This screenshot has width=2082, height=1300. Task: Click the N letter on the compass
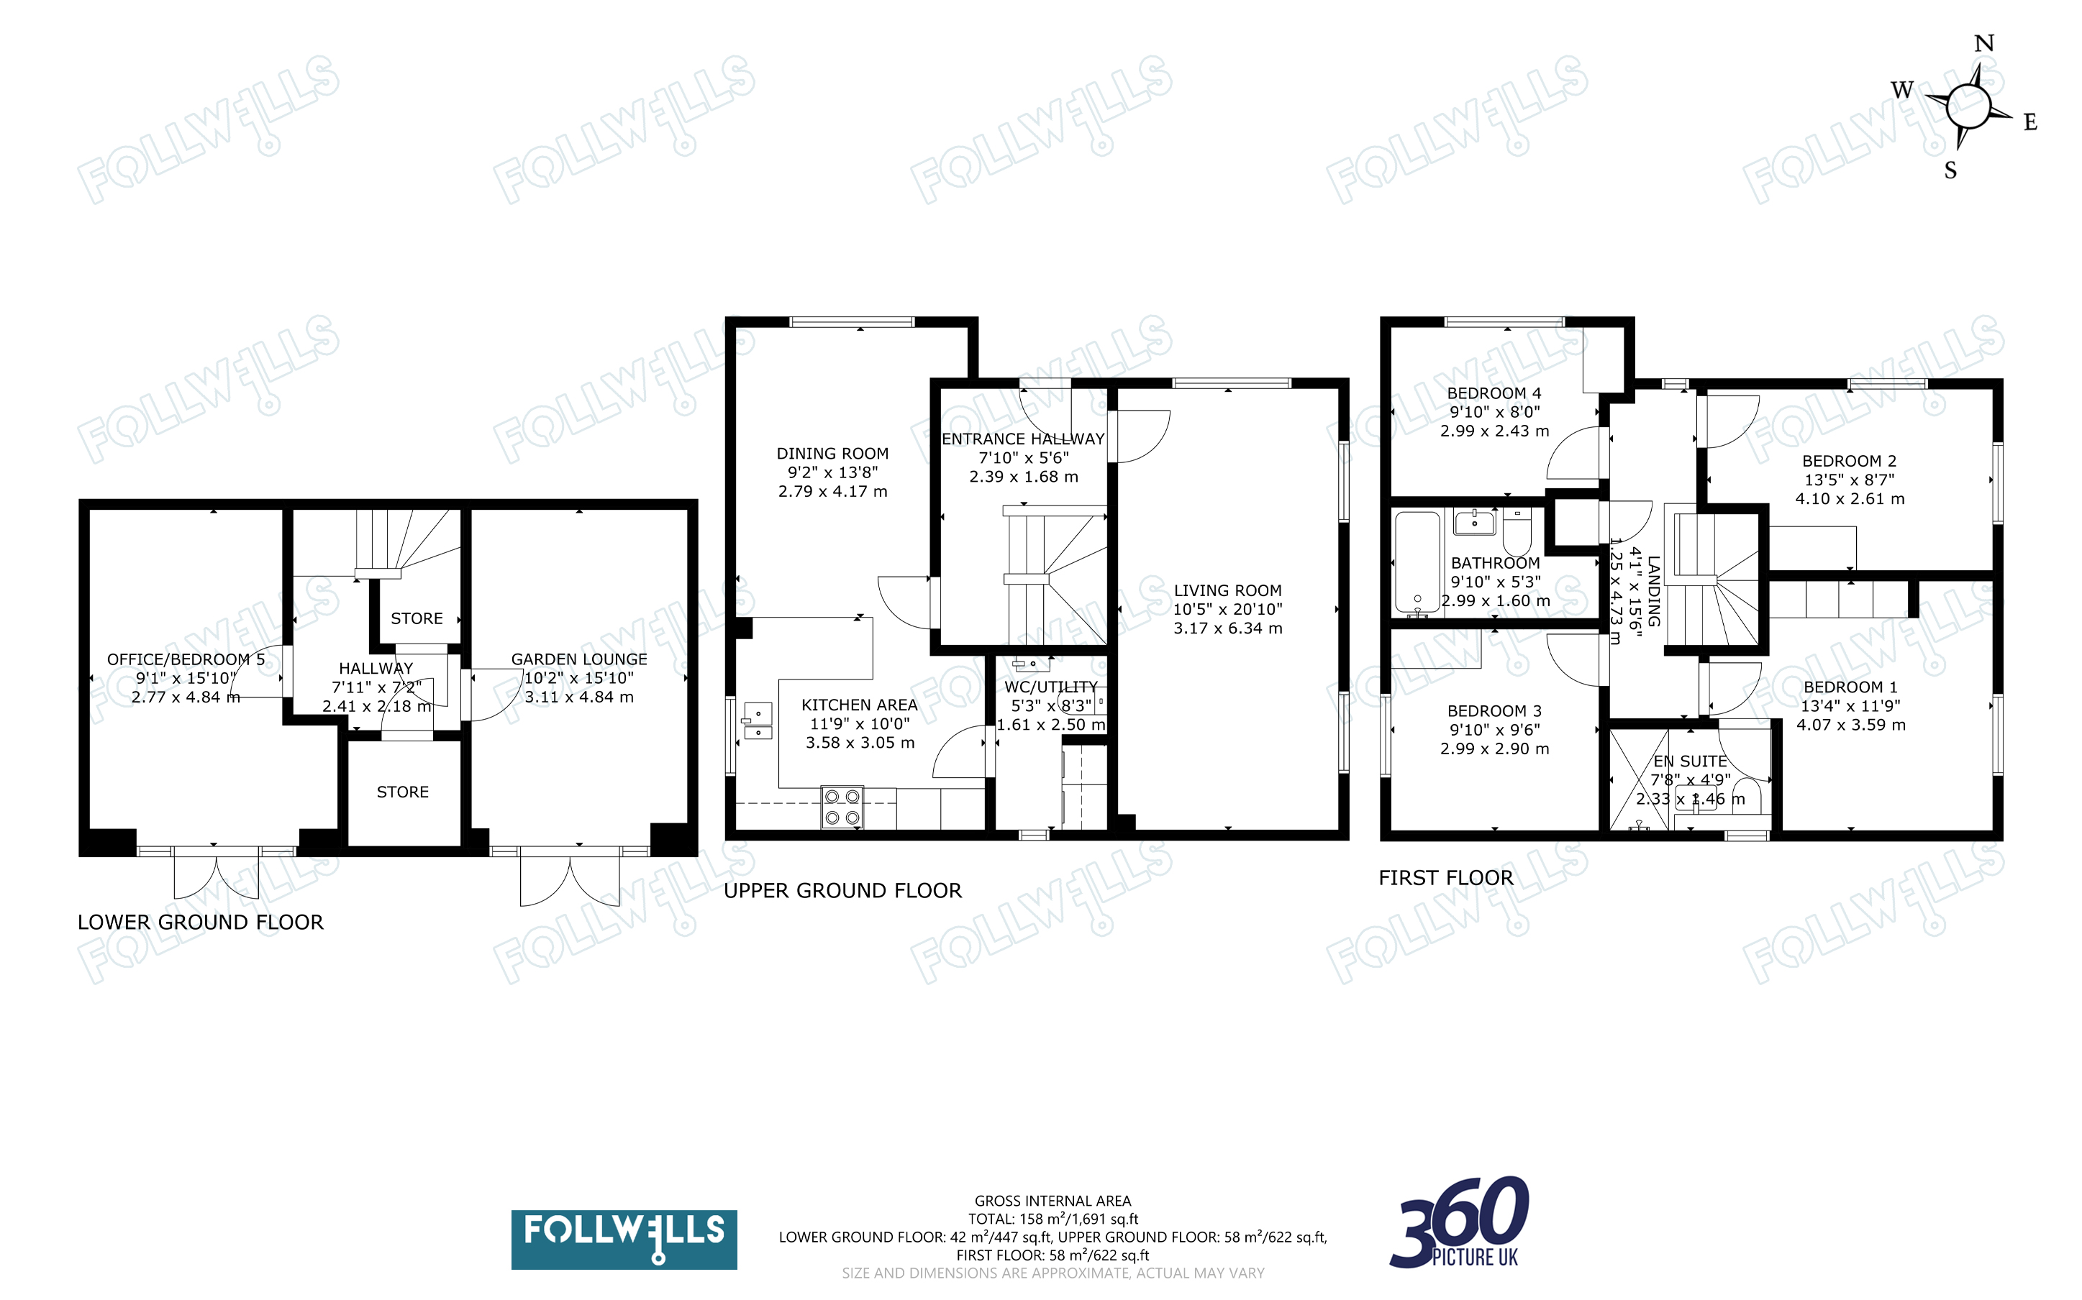pyautogui.click(x=1983, y=43)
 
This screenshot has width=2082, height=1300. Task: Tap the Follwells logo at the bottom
pyautogui.click(x=624, y=1239)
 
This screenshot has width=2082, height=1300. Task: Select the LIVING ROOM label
pyautogui.click(x=1227, y=590)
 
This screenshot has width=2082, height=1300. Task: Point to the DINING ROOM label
pyautogui.click(x=832, y=453)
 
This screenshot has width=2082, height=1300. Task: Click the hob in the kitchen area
pyautogui.click(x=842, y=807)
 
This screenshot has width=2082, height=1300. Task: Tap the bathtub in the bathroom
pyautogui.click(x=1417, y=562)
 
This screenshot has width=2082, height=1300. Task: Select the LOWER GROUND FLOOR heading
pyautogui.click(x=201, y=923)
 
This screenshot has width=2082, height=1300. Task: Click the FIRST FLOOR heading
pyautogui.click(x=1445, y=878)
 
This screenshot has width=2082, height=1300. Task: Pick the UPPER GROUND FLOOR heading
pyautogui.click(x=842, y=891)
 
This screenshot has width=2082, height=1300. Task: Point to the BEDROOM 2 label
pyautogui.click(x=1849, y=461)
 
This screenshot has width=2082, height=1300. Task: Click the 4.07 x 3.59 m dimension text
pyautogui.click(x=1850, y=725)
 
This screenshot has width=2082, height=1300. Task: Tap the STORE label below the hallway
pyautogui.click(x=402, y=792)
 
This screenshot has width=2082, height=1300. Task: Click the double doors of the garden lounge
pyautogui.click(x=569, y=877)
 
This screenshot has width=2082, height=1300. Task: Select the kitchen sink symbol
pyautogui.click(x=758, y=720)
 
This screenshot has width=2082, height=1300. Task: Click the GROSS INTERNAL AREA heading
pyautogui.click(x=1053, y=1201)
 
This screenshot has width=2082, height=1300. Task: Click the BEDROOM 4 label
pyautogui.click(x=1495, y=393)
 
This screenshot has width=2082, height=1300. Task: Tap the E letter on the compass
pyautogui.click(x=2030, y=122)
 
